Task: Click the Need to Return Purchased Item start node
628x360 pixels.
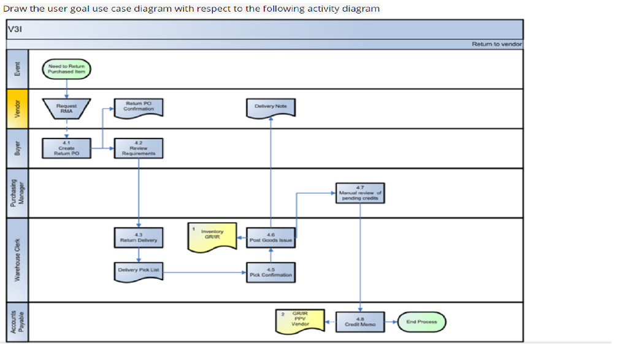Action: [66, 69]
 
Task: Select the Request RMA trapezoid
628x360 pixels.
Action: [66, 108]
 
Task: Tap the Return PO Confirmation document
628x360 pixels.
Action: [139, 107]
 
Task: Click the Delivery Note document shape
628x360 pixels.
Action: [270, 107]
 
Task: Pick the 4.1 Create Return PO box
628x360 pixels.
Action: [66, 148]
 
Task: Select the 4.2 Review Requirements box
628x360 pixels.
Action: [139, 148]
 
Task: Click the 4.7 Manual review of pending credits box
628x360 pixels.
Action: [360, 193]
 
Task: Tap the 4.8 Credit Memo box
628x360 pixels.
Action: [360, 321]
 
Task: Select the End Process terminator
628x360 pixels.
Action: [422, 321]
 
